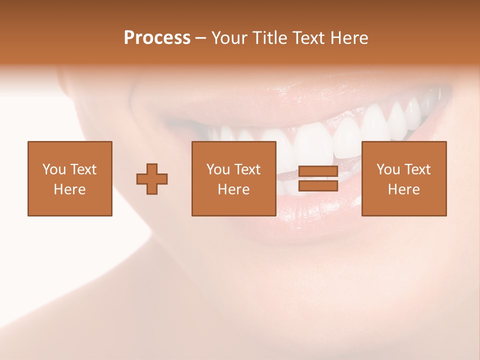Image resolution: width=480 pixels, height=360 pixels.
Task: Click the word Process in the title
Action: [x=157, y=38]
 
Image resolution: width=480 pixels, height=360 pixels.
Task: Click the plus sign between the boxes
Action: [x=152, y=178]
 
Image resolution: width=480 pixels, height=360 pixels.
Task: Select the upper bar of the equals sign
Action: [x=318, y=171]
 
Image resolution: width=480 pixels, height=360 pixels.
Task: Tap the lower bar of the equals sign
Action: [x=318, y=185]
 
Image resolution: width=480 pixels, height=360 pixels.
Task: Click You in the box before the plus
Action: [x=54, y=169]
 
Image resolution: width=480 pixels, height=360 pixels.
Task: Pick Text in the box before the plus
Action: [x=83, y=169]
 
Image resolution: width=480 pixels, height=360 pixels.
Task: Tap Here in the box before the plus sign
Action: [x=69, y=189]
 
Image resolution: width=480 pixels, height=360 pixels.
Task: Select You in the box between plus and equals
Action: [x=218, y=169]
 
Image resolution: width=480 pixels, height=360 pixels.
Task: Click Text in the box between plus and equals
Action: [x=247, y=169]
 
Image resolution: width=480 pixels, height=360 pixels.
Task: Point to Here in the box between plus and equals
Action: [x=233, y=189]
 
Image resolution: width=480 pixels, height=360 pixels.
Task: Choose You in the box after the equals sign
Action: [x=388, y=169]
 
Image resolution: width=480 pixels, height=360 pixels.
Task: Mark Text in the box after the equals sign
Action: [x=417, y=169]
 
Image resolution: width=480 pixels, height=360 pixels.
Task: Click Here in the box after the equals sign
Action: [x=403, y=189]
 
